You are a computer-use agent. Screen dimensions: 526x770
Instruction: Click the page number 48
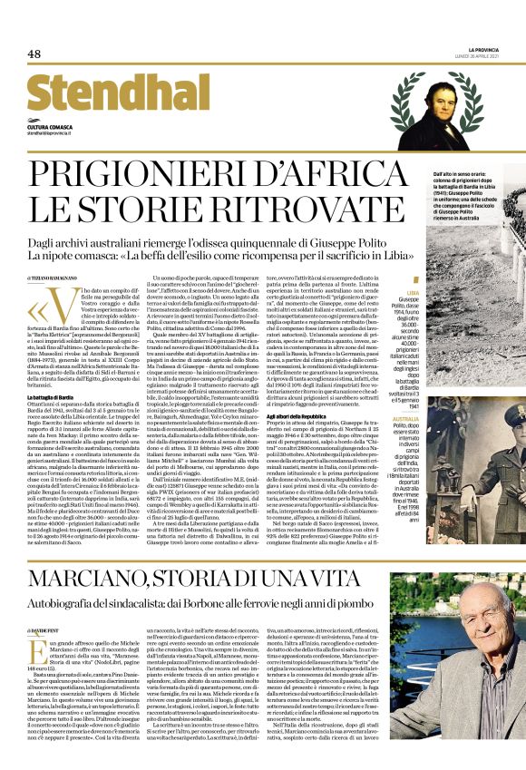34,54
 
